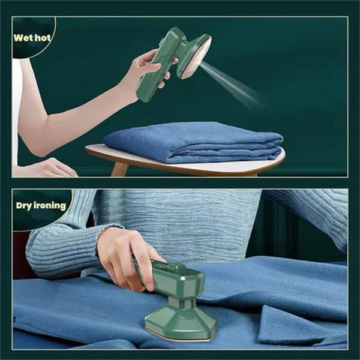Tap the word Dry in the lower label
23,205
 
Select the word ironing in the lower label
50,206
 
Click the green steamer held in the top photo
174,60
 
